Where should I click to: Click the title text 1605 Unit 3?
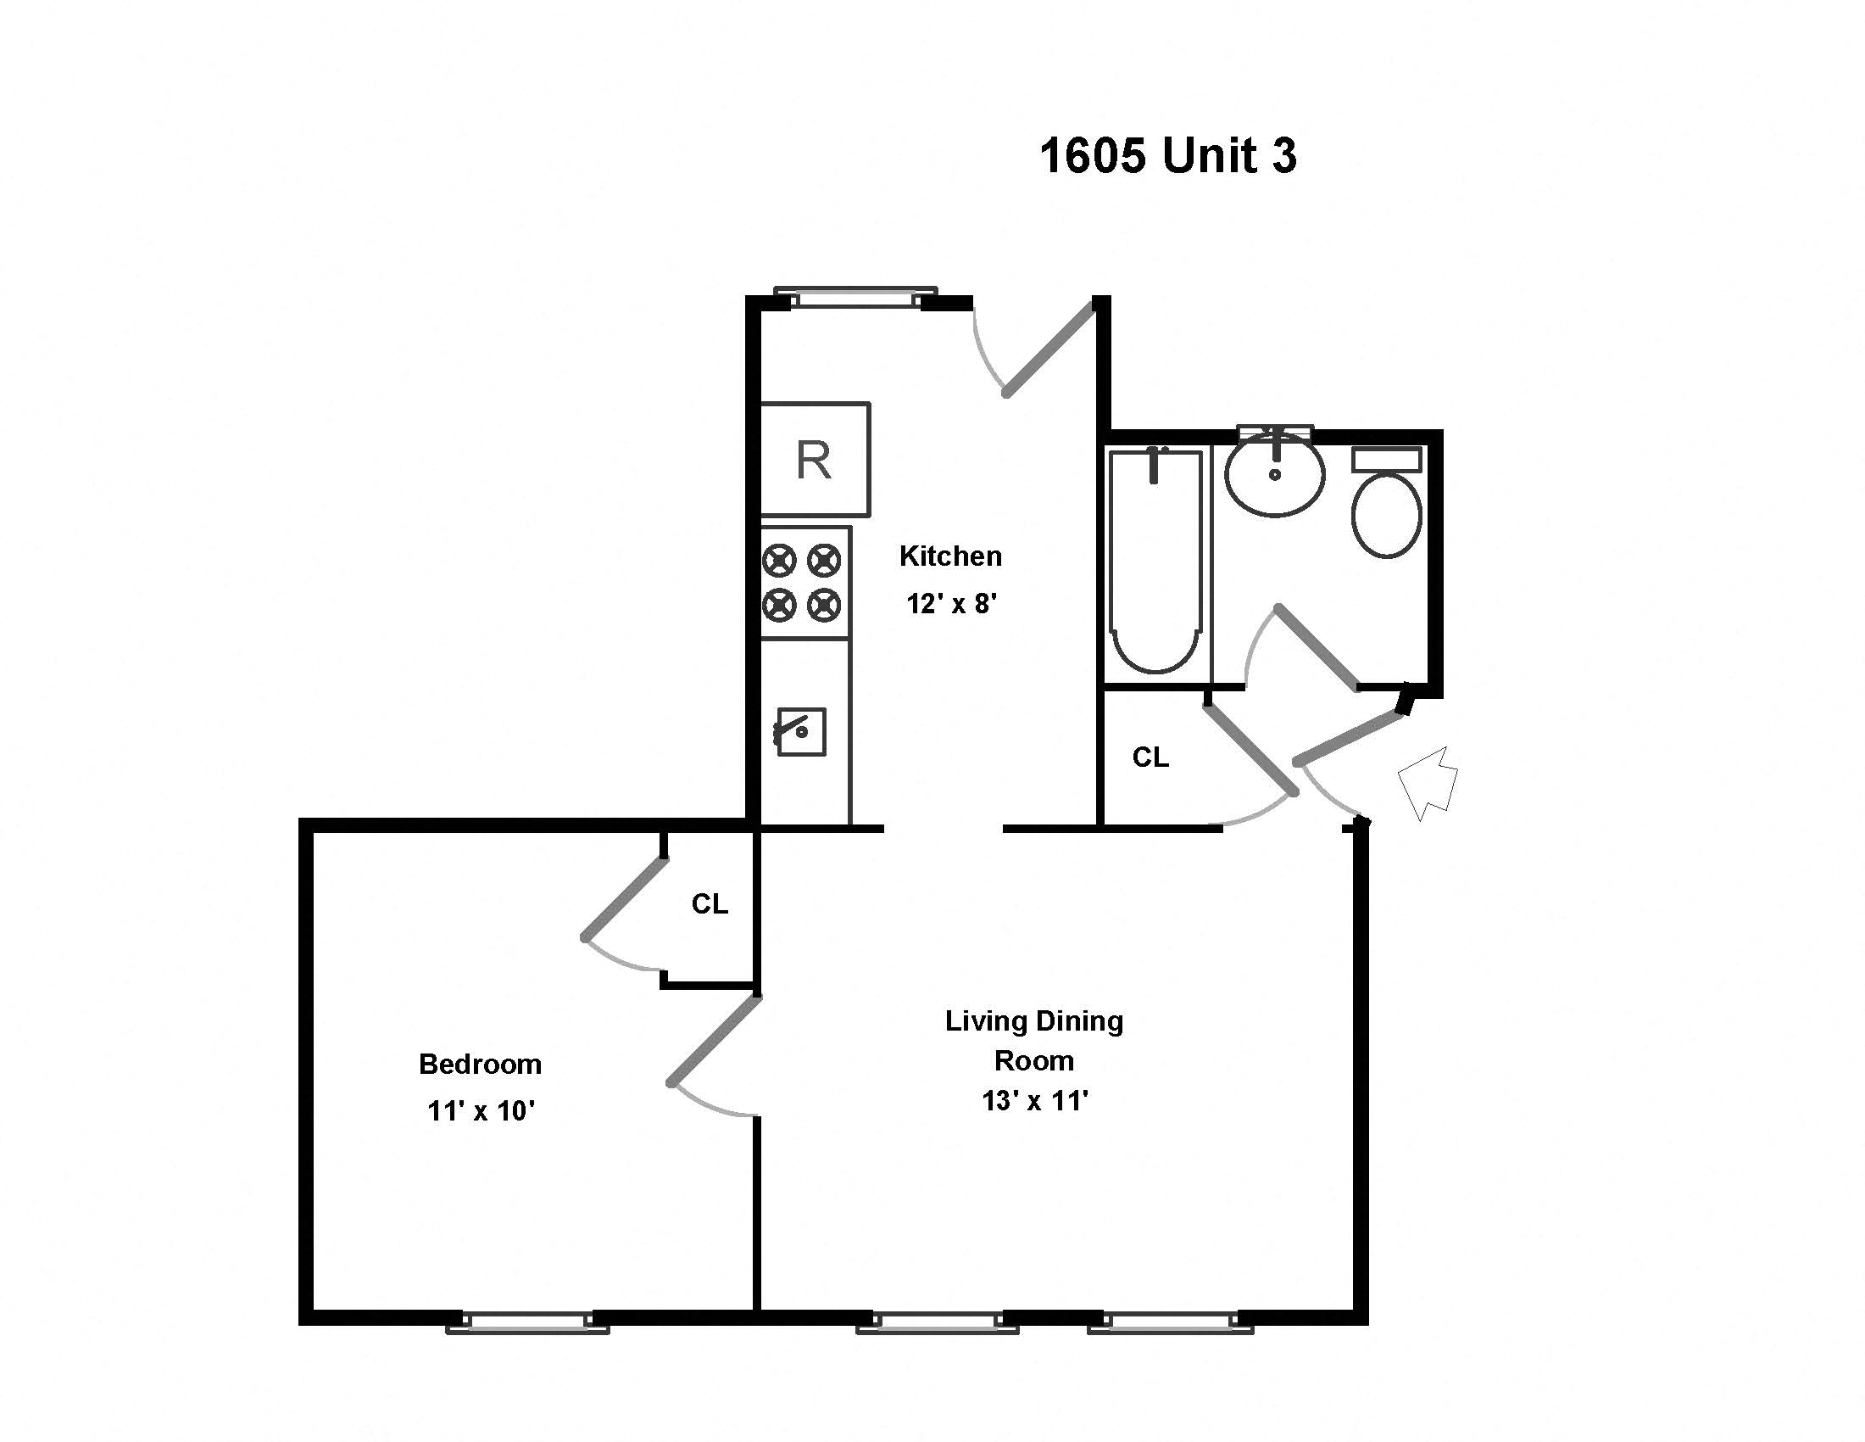click(1168, 156)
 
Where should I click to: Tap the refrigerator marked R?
click(816, 460)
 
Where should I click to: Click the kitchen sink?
click(801, 731)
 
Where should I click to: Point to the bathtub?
click(1155, 562)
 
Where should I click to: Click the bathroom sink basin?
click(1275, 474)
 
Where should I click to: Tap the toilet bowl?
click(1387, 515)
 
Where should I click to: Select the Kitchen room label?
click(950, 556)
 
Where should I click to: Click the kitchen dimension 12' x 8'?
click(951, 604)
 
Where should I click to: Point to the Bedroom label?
click(480, 1065)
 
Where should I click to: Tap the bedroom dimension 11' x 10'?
click(481, 1110)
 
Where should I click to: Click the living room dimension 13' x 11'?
click(1035, 1101)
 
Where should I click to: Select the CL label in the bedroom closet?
click(710, 904)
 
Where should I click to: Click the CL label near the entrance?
click(1150, 757)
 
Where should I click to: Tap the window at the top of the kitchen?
click(855, 296)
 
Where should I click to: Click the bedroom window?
click(528, 1323)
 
